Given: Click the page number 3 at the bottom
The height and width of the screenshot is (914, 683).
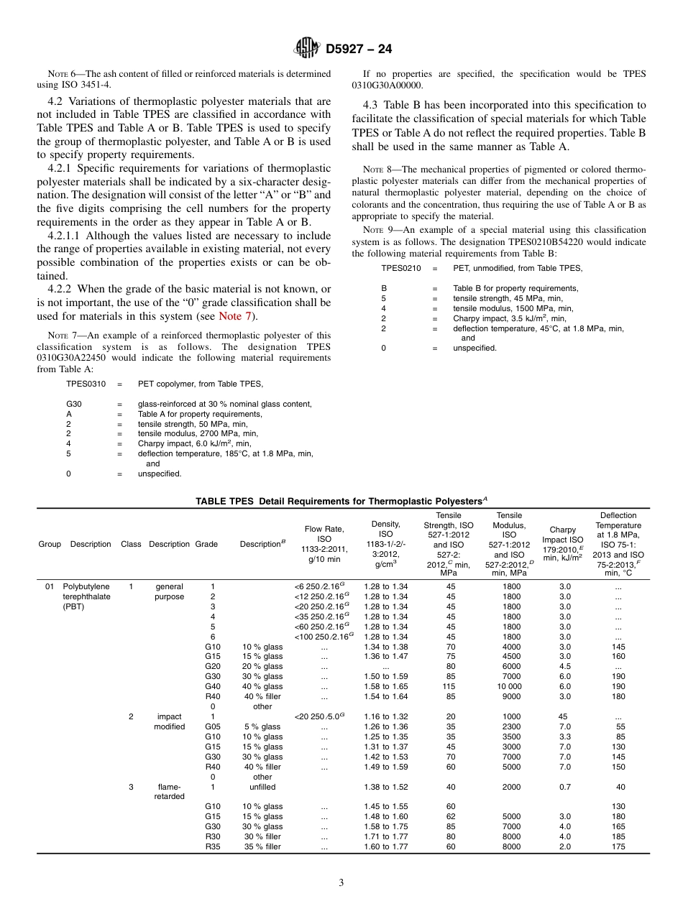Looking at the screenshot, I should coord(341,883).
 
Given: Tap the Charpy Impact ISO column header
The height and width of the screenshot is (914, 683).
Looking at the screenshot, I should coord(562,544).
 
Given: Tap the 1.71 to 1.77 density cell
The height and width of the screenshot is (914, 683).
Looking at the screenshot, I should coord(385,836).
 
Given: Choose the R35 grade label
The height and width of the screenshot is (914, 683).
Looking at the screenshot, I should coord(213,846).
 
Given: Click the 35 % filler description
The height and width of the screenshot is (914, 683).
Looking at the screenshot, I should coord(262,846).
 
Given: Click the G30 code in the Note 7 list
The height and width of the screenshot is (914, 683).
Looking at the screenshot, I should coord(74,404).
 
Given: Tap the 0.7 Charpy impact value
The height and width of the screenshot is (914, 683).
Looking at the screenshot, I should coord(564,787).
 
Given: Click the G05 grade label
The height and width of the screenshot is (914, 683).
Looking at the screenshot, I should coord(213,726).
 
